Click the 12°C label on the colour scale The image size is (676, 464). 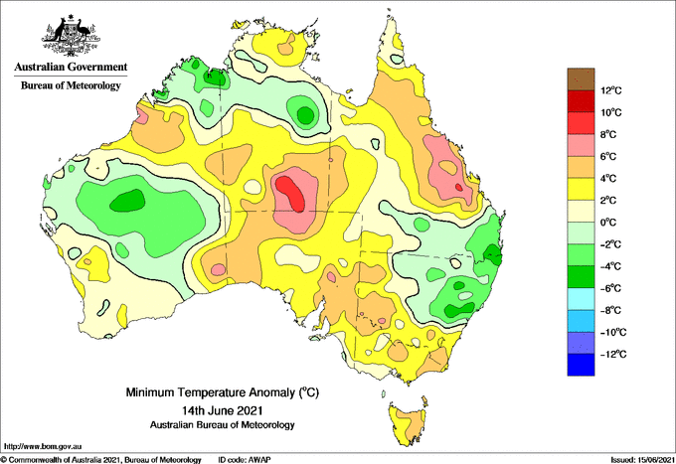(611, 90)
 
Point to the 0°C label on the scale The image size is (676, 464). (608, 223)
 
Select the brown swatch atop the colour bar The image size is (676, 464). (581, 78)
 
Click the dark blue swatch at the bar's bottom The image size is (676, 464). (581, 365)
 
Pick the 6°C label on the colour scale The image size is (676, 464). (608, 156)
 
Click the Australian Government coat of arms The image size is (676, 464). (71, 36)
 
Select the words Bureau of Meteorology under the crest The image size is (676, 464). (71, 85)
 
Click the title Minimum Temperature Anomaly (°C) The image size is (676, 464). (223, 392)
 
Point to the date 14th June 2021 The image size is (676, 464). (223, 409)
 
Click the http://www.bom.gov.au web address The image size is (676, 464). (42, 447)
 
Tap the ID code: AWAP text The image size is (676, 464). (245, 460)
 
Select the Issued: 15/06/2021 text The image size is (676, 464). (642, 460)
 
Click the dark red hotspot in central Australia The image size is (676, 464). (291, 193)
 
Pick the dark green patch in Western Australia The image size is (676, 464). (127, 201)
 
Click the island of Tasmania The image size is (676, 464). (409, 423)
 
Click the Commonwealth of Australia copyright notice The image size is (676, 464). (100, 460)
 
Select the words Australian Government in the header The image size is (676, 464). (71, 67)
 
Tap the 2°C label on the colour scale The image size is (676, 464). (608, 201)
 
